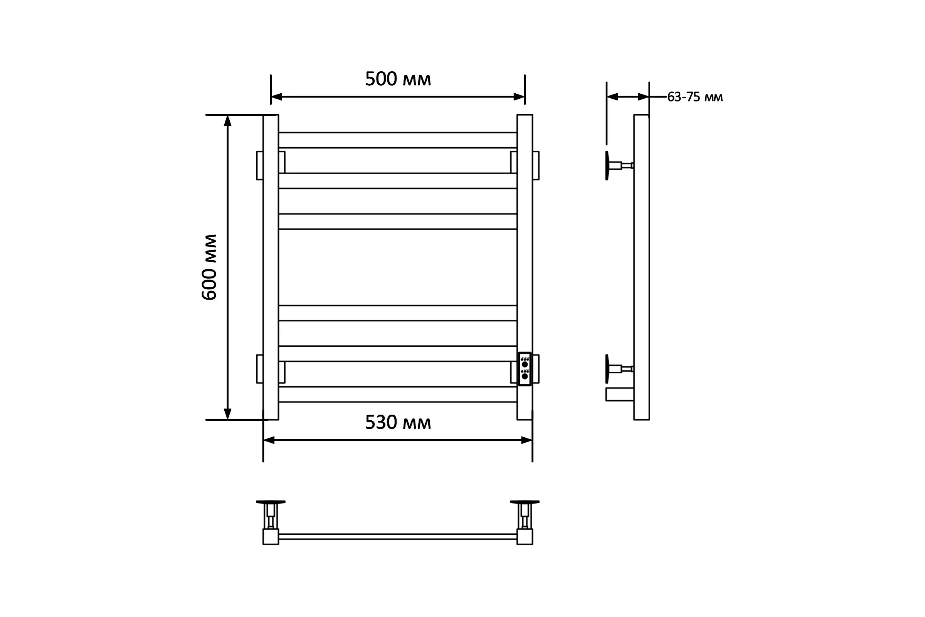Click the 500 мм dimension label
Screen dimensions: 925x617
[398, 79]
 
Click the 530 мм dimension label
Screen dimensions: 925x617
[398, 423]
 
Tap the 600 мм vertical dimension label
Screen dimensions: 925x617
[209, 267]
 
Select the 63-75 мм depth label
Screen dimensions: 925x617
[695, 97]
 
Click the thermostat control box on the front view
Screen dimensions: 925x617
[525, 369]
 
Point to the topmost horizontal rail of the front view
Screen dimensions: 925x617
[398, 140]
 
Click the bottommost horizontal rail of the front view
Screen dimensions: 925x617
[398, 394]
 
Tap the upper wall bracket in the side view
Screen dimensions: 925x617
[619, 166]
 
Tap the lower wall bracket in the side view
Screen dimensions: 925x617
[619, 369]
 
